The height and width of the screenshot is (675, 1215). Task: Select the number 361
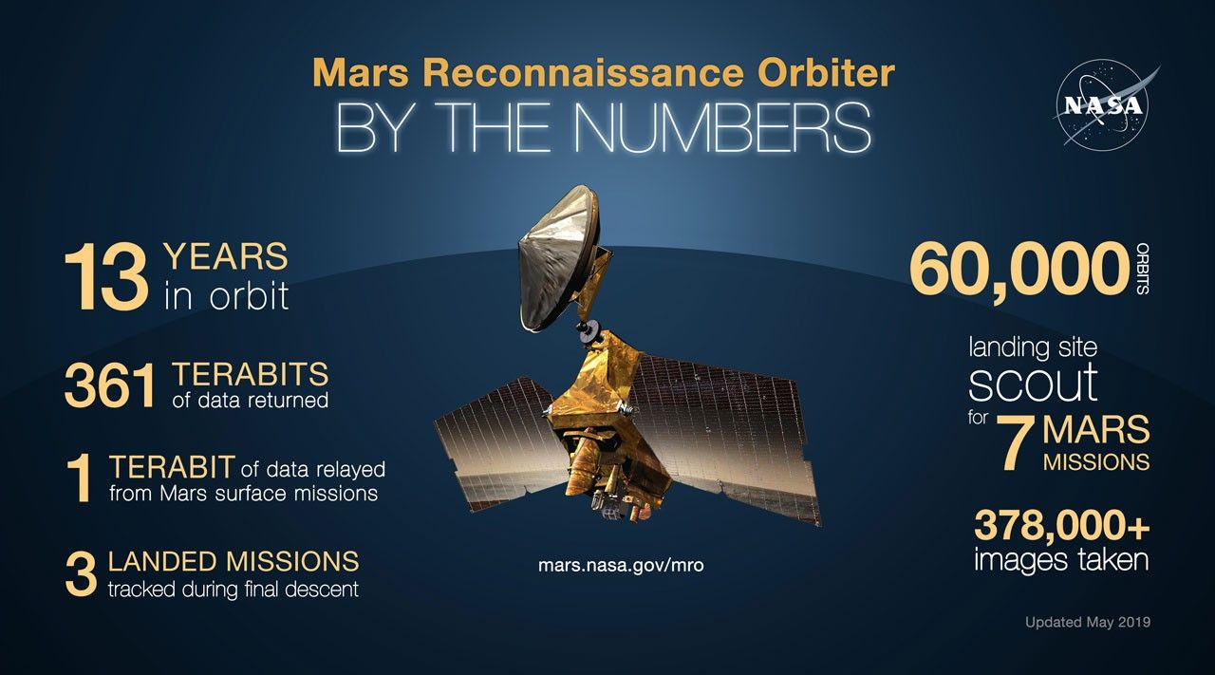click(x=109, y=387)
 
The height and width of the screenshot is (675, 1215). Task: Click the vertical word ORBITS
click(x=1141, y=269)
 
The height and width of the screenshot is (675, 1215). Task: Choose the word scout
click(x=1033, y=382)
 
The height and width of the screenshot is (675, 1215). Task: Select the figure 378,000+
click(x=1061, y=524)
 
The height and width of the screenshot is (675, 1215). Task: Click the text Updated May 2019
click(x=1087, y=623)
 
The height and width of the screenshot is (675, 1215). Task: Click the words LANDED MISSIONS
click(x=234, y=560)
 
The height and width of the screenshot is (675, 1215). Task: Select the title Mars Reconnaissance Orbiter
click(x=604, y=73)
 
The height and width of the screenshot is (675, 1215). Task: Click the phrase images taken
click(x=1061, y=560)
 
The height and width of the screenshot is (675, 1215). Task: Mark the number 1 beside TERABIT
click(x=82, y=480)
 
